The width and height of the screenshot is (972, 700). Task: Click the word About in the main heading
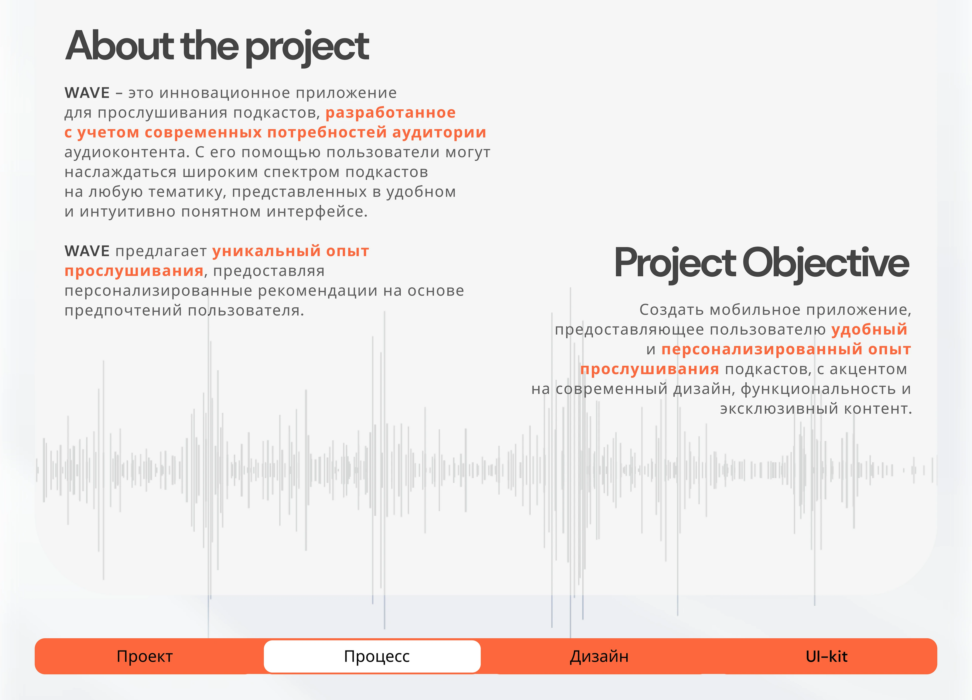point(119,46)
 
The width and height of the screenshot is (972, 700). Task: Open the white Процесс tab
point(372,656)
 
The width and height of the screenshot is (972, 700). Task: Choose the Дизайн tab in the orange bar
point(599,656)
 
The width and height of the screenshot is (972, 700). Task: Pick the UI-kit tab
point(826,656)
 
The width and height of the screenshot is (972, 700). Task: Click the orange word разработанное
point(390,113)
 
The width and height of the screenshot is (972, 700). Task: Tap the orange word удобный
point(869,330)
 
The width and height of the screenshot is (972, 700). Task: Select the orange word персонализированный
point(762,350)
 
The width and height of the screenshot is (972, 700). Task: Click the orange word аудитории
point(439,133)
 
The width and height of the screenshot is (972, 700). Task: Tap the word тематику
point(187,192)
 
